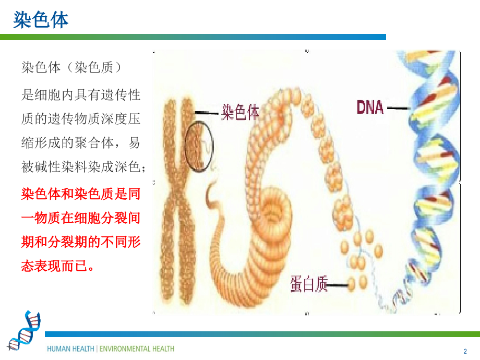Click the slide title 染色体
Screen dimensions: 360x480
click(41, 20)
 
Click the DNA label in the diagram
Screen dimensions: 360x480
click(370, 107)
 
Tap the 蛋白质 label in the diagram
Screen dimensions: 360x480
click(308, 284)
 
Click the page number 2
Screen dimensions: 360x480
click(465, 351)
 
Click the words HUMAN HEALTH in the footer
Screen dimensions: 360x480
click(71, 349)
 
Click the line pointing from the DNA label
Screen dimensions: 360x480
click(399, 108)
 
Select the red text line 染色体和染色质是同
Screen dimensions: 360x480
click(81, 195)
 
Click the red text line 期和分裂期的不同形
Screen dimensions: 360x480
click(81, 243)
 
